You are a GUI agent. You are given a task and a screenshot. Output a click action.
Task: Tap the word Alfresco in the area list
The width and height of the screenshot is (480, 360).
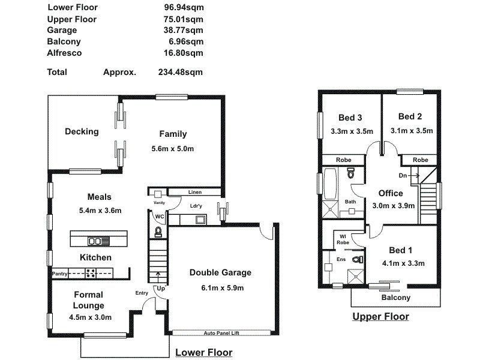(x=64, y=53)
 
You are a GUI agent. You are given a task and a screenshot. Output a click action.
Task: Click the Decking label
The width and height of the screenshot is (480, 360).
(x=82, y=132)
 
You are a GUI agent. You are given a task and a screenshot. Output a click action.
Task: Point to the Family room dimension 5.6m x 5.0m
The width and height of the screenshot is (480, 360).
(x=173, y=148)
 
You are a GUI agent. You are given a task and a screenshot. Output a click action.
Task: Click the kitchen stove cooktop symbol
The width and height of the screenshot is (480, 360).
(x=91, y=273)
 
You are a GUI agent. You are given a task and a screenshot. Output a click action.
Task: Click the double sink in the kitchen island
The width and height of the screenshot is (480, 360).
(x=95, y=241)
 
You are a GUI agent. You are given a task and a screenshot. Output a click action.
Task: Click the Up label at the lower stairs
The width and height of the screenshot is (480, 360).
(x=160, y=289)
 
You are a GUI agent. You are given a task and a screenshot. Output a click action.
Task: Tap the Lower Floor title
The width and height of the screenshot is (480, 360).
(x=203, y=353)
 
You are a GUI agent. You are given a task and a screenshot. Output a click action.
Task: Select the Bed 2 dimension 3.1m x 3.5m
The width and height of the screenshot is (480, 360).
(x=411, y=131)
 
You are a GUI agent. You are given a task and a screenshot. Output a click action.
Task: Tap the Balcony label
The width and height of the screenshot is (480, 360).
(x=396, y=298)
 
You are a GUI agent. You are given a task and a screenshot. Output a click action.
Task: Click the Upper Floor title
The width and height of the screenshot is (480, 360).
(x=380, y=317)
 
